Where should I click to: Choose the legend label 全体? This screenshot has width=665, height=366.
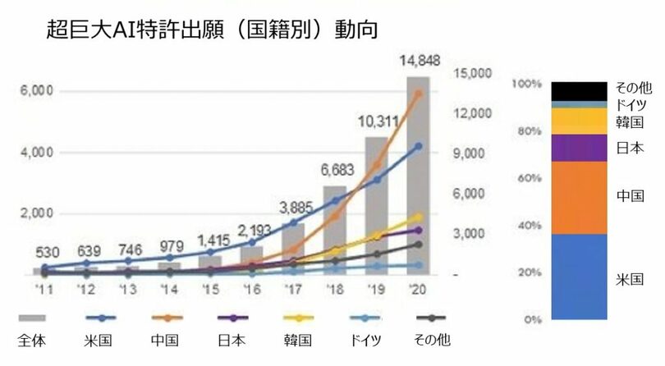pyautogui.click(x=31, y=339)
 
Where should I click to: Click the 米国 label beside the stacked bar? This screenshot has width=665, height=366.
pyautogui.click(x=630, y=280)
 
